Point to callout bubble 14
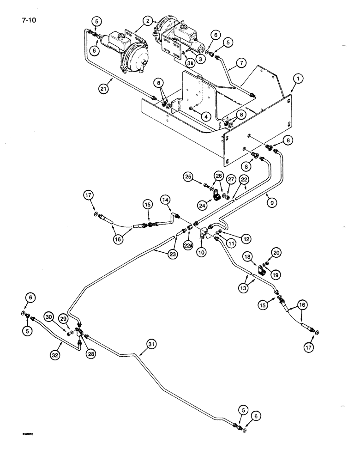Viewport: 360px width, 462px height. (166, 199)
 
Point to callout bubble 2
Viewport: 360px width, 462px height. (147, 21)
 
